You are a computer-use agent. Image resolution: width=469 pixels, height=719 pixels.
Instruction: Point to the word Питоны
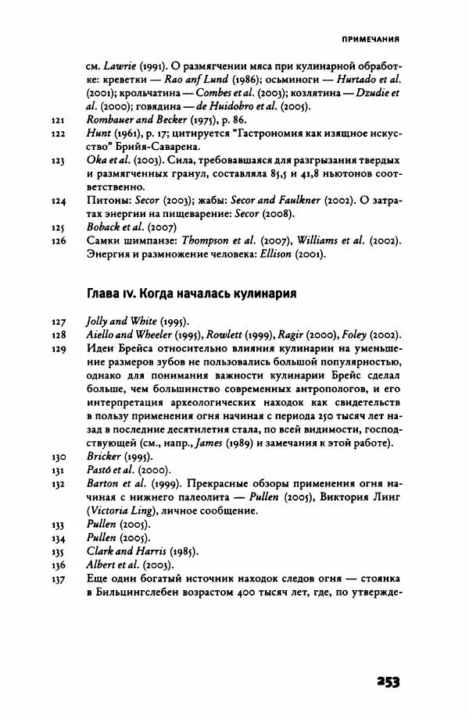pyautogui.click(x=106, y=200)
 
